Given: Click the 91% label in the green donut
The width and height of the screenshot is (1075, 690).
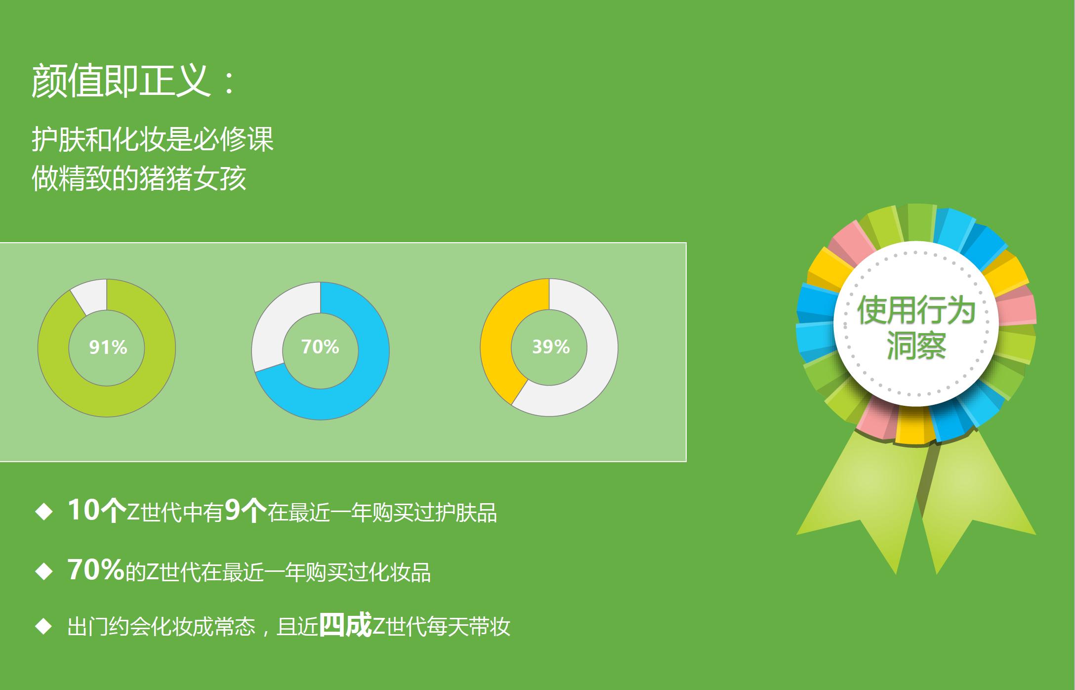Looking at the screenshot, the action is [108, 347].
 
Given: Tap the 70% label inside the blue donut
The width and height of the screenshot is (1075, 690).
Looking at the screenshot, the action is [320, 347].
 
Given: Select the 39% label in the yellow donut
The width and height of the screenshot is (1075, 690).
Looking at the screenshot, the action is [551, 347].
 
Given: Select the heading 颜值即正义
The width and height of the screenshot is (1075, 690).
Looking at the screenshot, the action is [121, 81].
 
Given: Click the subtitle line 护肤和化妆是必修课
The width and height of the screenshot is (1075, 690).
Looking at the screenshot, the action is [153, 139].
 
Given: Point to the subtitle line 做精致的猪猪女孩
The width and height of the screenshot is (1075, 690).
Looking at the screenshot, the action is [139, 178].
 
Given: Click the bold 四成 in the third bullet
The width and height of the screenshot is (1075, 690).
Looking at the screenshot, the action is [345, 626].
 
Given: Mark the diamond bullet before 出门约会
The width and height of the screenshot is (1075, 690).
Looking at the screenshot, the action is [44, 627].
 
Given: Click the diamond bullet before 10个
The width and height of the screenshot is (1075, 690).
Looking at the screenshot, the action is [44, 512].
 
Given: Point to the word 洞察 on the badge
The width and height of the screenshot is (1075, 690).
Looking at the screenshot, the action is [916, 345].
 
